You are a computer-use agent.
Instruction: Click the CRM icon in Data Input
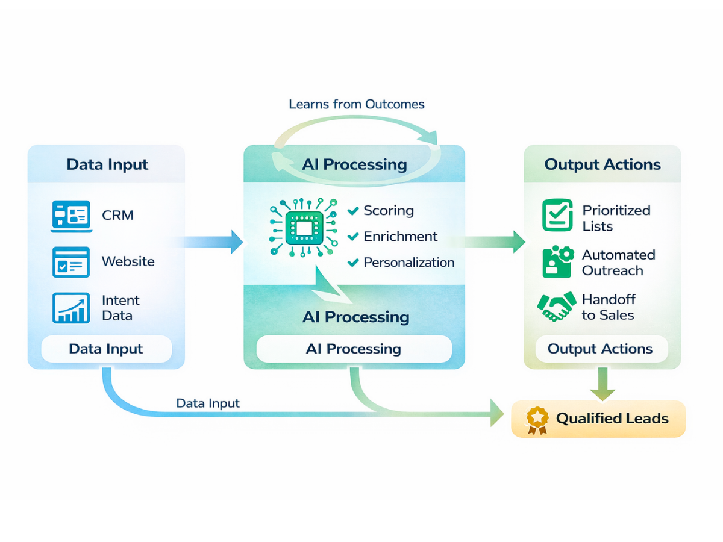(70, 216)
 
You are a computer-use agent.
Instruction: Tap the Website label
(128, 261)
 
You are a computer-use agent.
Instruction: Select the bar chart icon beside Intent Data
(70, 307)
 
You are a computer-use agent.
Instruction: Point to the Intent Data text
(120, 308)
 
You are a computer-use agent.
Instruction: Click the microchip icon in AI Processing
(302, 228)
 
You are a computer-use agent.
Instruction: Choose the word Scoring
(388, 211)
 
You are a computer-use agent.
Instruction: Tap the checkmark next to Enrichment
(354, 237)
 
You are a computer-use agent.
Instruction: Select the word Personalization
(408, 263)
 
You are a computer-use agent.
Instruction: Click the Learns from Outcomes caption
(357, 104)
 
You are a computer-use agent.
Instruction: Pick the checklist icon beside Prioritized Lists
(557, 216)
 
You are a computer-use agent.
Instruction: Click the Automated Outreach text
(618, 263)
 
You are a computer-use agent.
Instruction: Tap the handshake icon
(556, 307)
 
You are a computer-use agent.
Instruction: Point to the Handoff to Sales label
(608, 307)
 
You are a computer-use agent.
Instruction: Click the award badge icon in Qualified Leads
(536, 420)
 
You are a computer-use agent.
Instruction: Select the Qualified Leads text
(612, 419)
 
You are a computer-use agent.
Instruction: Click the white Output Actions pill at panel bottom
(600, 349)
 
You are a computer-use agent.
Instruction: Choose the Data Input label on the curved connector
(208, 403)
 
